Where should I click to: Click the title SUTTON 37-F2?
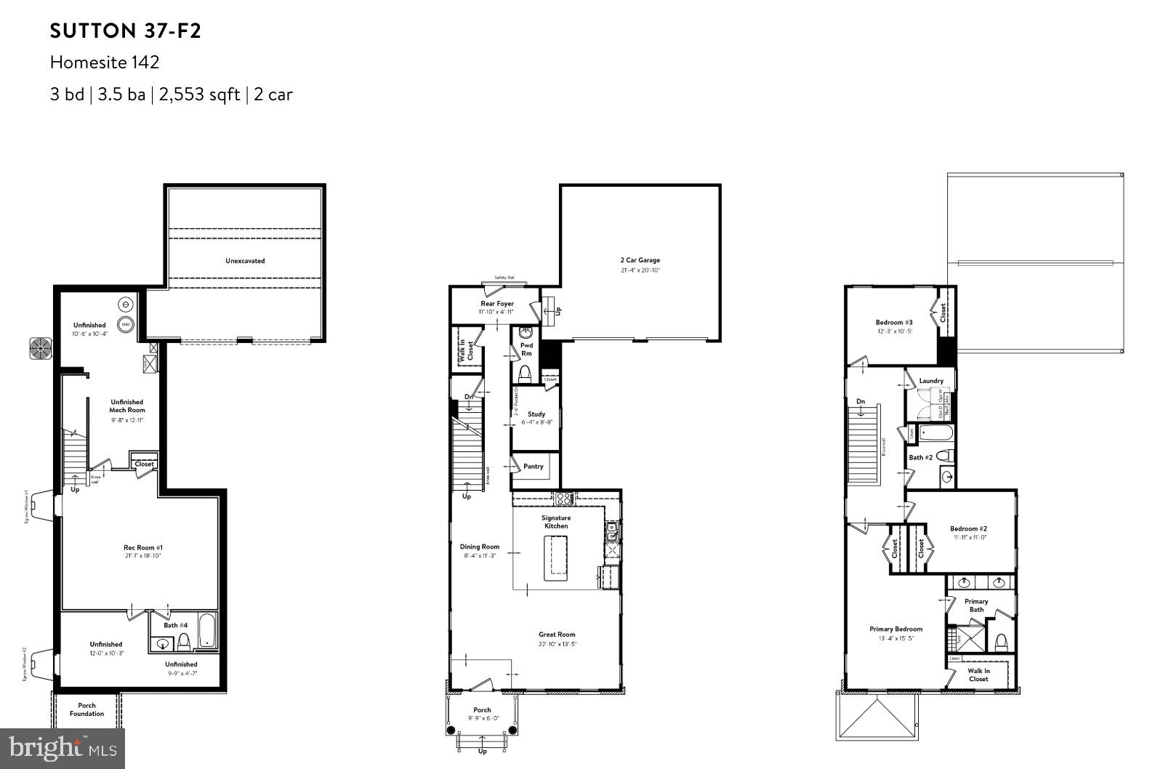(x=125, y=31)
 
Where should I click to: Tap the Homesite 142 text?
(x=105, y=63)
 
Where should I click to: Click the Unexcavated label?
(x=245, y=260)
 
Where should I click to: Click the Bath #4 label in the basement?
(x=175, y=625)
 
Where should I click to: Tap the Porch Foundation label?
(x=86, y=709)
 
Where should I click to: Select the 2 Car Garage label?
(x=640, y=260)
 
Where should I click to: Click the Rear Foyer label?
(x=497, y=304)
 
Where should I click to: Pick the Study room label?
(x=536, y=414)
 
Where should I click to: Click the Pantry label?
(x=534, y=467)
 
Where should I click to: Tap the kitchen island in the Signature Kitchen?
(x=556, y=557)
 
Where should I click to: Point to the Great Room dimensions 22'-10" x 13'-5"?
(x=557, y=644)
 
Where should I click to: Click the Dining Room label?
(x=480, y=547)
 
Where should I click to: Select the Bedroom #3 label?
(x=894, y=322)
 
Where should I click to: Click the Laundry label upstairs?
(x=931, y=381)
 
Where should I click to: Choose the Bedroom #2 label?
(x=968, y=528)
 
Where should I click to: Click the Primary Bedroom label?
(x=896, y=629)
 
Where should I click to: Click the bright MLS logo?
(x=62, y=746)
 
